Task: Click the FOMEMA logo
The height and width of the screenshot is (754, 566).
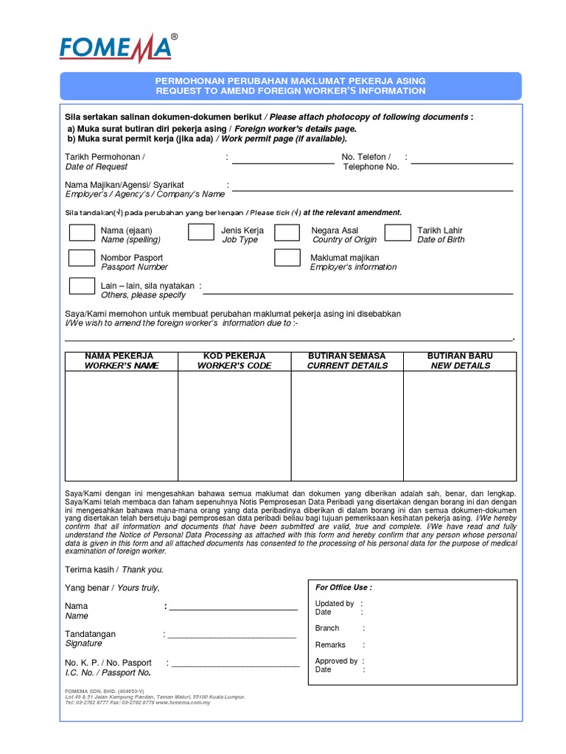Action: click(118, 49)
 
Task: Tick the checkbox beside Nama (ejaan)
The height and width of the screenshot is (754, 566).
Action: click(81, 233)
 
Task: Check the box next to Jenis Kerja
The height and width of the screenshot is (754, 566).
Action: click(200, 233)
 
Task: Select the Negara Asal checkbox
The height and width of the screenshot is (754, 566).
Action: click(287, 233)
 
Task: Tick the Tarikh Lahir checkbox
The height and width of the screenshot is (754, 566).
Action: click(397, 233)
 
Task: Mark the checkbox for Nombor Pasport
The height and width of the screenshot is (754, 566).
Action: click(81, 258)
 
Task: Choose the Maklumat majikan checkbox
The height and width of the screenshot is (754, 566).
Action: click(287, 258)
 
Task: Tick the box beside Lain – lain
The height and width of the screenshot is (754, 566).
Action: click(81, 286)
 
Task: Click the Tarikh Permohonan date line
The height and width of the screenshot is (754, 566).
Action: click(283, 163)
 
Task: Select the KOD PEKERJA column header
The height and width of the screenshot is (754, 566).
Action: click(234, 361)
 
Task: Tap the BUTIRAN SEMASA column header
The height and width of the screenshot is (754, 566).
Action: click(347, 361)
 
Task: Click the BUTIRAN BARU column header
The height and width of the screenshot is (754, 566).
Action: click(460, 361)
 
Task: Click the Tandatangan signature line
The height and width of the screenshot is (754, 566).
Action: click(231, 637)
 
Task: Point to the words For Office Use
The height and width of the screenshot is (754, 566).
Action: click(343, 588)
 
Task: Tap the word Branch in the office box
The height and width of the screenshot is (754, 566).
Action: click(327, 628)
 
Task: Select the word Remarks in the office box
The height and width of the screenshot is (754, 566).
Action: click(330, 645)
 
